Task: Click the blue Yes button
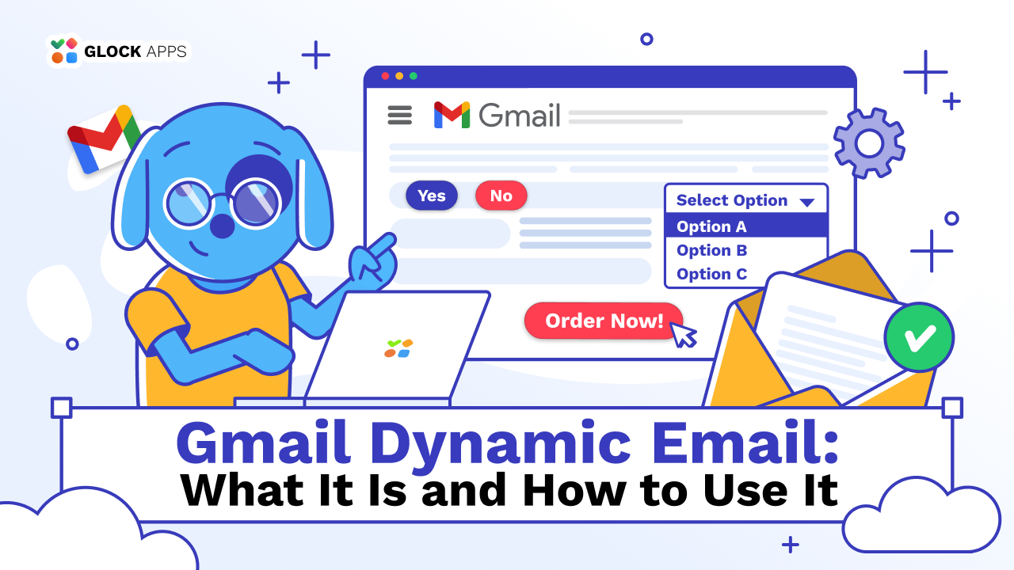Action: [432, 196]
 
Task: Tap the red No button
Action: [501, 196]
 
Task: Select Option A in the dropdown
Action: [711, 226]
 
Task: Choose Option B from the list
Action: [711, 250]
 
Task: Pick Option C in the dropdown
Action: [711, 274]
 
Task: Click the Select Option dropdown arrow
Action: [807, 202]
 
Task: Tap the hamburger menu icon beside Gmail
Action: [400, 116]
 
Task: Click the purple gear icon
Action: [869, 143]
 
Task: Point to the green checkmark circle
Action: [919, 337]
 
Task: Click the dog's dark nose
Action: [223, 225]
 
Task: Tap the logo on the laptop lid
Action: [398, 348]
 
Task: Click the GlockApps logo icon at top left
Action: [64, 51]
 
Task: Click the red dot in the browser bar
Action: [386, 76]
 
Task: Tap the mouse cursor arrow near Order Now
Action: [683, 334]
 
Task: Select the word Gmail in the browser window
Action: [520, 116]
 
